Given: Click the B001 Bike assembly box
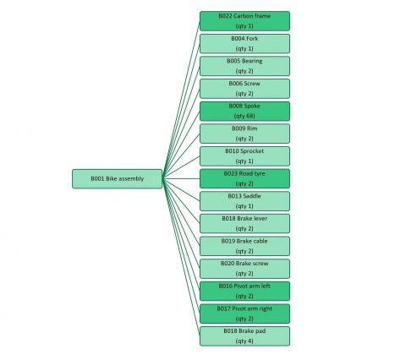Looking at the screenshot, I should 117,178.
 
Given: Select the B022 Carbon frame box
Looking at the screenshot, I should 244,20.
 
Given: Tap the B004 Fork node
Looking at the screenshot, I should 244,43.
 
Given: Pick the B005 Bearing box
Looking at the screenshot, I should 244,66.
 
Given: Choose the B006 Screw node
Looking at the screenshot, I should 244,88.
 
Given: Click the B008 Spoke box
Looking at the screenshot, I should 244,111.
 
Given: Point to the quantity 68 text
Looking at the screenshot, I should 244,116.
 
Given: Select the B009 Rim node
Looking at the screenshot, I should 244,134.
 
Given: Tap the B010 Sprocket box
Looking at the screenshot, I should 244,155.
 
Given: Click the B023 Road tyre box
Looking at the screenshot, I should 244,178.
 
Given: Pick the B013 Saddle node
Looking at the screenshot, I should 244,201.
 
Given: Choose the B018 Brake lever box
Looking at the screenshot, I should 244,223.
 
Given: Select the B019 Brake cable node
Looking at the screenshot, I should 244,246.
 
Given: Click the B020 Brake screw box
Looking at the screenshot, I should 244,268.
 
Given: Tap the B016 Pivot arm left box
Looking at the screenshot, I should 244,291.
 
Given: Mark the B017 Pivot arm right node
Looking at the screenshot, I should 244,314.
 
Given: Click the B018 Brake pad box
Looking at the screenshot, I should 244,335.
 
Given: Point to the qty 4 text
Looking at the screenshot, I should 244,341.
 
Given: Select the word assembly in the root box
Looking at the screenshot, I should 130,178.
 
